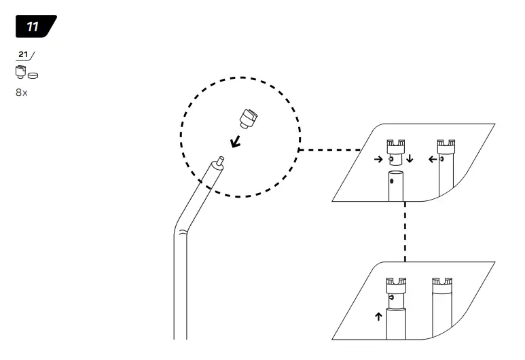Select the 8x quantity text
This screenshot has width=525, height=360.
22,92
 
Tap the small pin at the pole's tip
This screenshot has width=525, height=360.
218,162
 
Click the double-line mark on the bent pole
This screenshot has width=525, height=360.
181,233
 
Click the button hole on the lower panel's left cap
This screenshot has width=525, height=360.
391,297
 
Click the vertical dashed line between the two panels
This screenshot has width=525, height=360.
405,231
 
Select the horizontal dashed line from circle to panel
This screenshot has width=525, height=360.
329,149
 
